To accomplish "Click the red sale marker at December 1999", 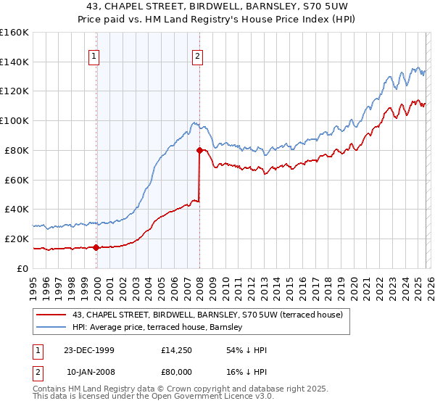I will click(x=96, y=247).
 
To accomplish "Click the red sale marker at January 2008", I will click(x=199, y=150).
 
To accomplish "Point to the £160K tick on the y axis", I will click(x=14, y=33).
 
